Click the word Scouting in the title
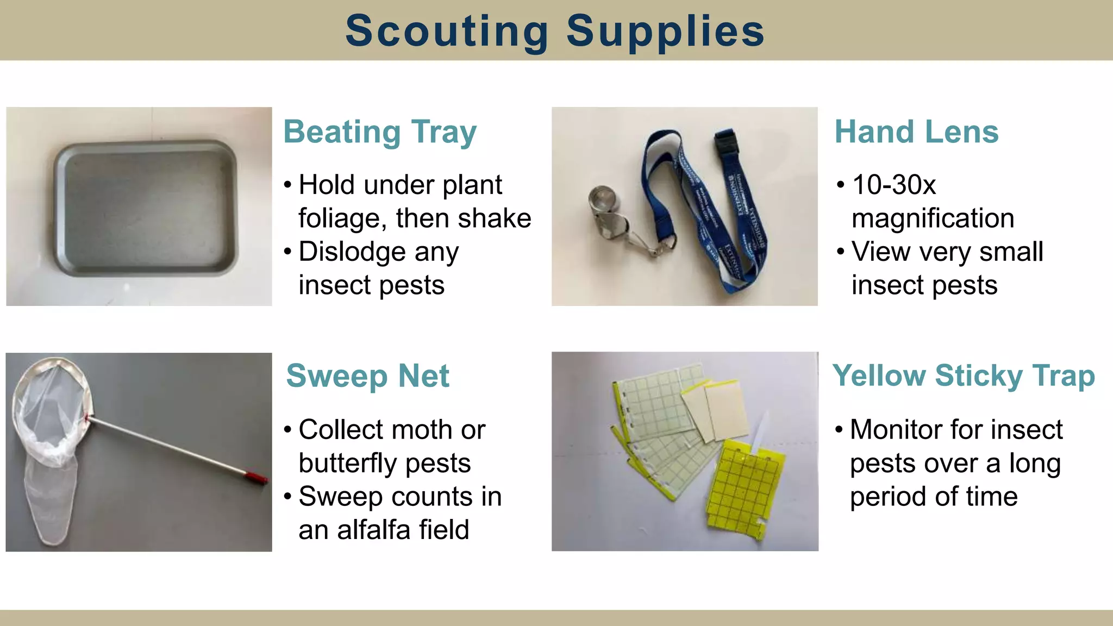click(x=447, y=31)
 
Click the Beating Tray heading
click(x=380, y=132)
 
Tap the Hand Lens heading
click(x=916, y=132)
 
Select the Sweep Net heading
click(x=368, y=376)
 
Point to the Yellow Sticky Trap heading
click(x=964, y=376)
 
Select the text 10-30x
click(x=894, y=185)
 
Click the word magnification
click(x=933, y=218)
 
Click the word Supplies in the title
click(x=665, y=31)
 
